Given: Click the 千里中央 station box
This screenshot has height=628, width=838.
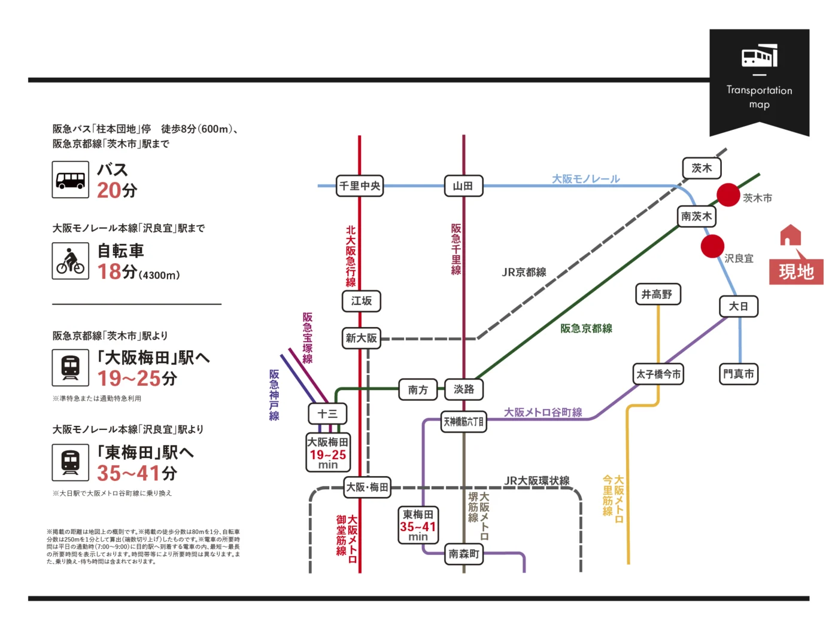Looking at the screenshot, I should [x=359, y=186].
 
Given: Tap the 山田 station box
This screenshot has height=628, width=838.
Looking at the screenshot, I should [x=463, y=186].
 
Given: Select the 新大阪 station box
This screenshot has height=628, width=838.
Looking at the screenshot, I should [x=361, y=338].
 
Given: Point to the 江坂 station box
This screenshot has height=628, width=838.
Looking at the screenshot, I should [x=362, y=301].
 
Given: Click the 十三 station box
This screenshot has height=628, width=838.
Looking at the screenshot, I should [x=327, y=413].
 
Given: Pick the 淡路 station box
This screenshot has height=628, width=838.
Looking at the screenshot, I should [x=464, y=389].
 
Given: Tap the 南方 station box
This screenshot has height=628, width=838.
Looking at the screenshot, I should [x=418, y=390].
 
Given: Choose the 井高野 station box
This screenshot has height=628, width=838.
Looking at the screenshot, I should [x=657, y=294].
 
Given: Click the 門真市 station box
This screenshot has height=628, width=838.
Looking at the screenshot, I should [x=739, y=374].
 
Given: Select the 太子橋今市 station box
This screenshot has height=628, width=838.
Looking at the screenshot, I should [x=658, y=374].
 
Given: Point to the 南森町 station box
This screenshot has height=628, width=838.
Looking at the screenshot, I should [x=464, y=554].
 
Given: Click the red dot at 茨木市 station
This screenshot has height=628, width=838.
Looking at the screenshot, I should [x=728, y=194].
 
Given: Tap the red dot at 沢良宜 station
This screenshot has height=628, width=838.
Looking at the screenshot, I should [x=712, y=246].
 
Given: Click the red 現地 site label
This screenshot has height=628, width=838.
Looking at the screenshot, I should [x=796, y=272].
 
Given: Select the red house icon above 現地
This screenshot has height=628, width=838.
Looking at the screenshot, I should [x=790, y=236].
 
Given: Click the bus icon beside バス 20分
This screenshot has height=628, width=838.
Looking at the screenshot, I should [x=71, y=179].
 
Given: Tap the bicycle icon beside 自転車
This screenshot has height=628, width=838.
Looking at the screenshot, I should [x=71, y=261].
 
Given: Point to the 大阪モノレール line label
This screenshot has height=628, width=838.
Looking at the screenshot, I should [x=585, y=179].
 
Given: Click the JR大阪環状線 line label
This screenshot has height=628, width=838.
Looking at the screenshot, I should [x=536, y=481].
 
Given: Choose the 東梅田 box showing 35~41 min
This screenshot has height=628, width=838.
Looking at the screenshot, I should [x=418, y=525].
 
